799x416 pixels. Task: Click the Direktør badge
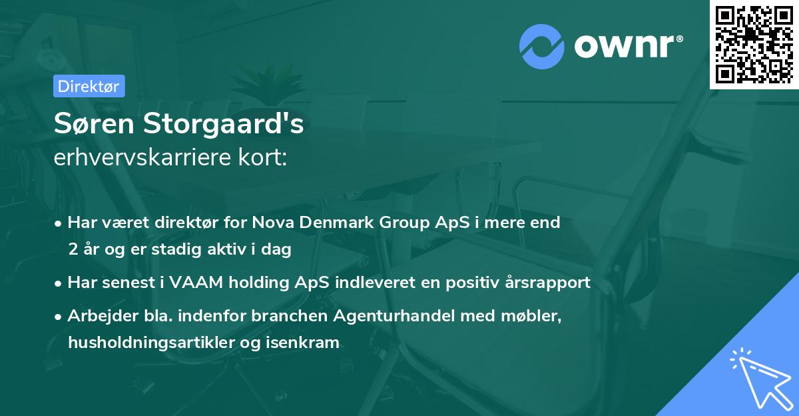pos(88,86)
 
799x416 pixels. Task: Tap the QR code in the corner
pos(754,44)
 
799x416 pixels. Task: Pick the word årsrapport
pos(550,282)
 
